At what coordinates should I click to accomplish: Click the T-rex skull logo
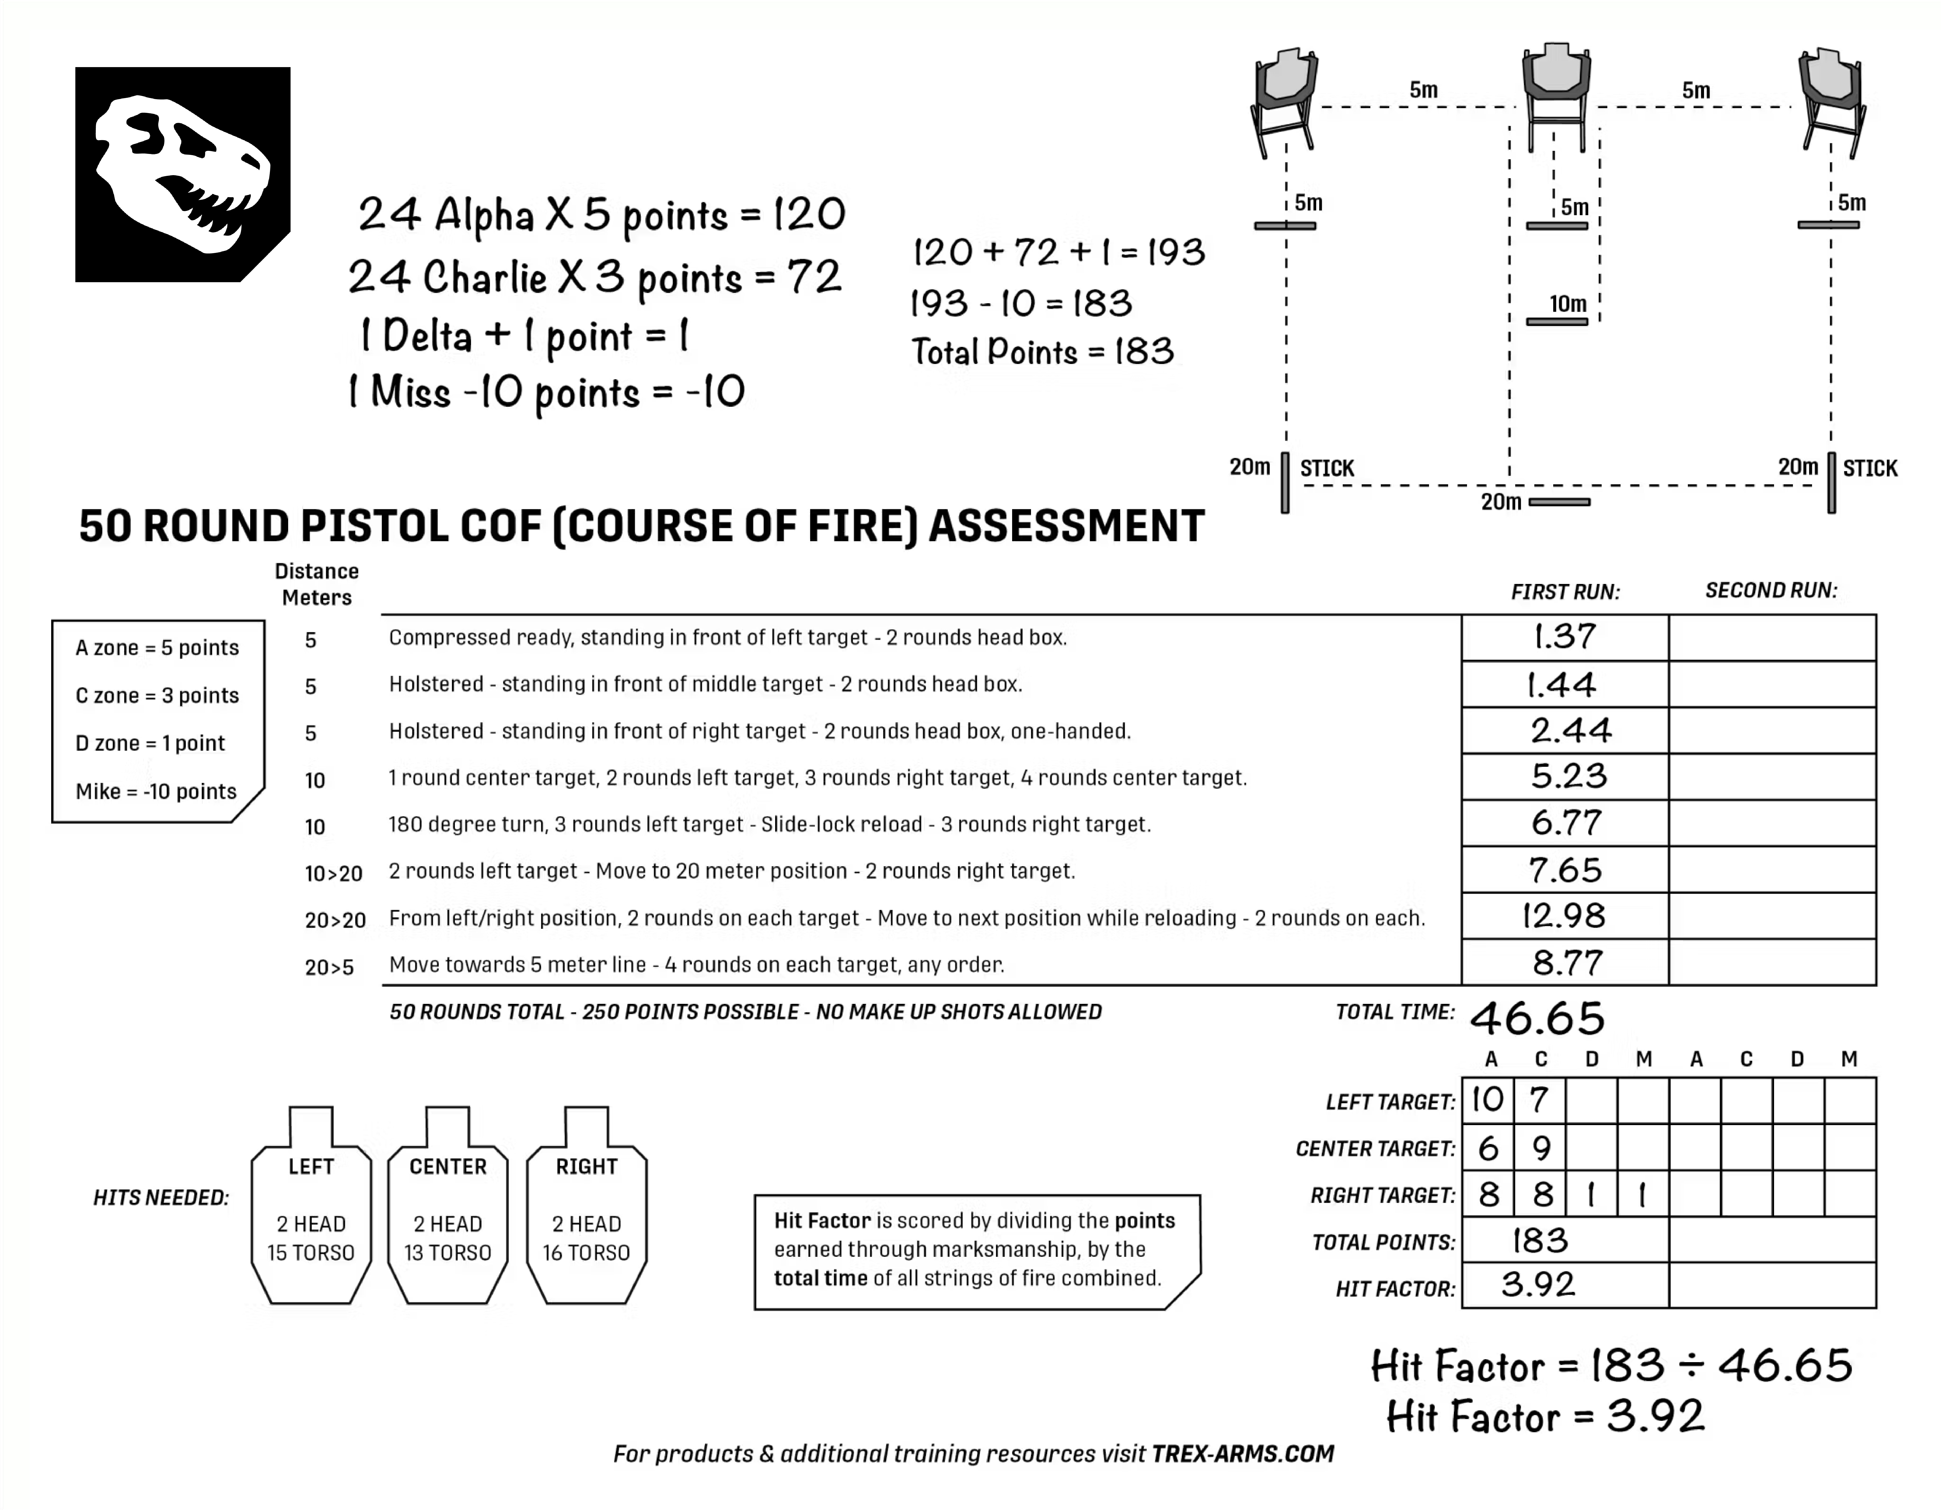(182, 174)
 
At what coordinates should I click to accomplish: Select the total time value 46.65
(1537, 1018)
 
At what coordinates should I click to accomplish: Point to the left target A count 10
(1488, 1100)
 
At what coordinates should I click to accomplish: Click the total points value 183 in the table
(1540, 1241)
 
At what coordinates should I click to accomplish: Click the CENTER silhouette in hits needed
(448, 1209)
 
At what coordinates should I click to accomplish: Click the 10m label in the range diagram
(1568, 304)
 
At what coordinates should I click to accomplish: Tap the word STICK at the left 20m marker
(1327, 468)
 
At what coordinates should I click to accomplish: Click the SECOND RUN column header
(1770, 591)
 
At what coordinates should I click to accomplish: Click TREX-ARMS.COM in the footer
(1243, 1454)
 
